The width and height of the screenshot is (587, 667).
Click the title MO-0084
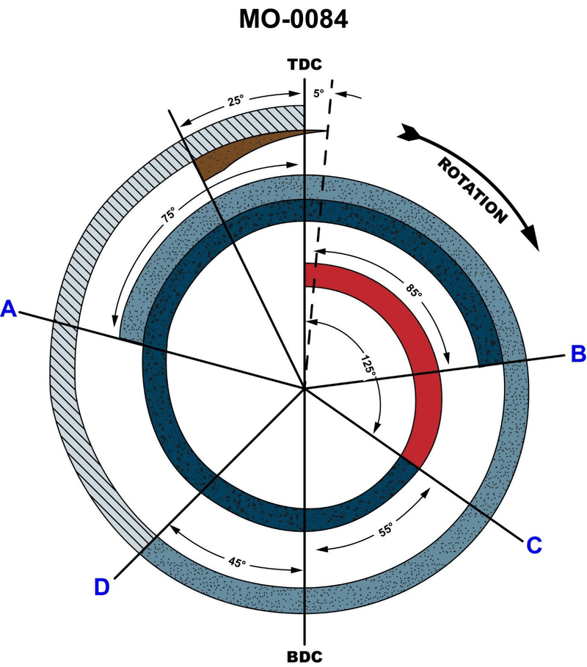click(293, 19)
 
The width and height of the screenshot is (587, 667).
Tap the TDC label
click(305, 65)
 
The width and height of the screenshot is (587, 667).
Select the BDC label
click(305, 657)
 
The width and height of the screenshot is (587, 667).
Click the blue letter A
click(9, 309)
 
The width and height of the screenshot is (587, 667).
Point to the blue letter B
click(578, 354)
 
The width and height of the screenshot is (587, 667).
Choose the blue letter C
click(534, 545)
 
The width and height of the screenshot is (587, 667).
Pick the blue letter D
click(102, 587)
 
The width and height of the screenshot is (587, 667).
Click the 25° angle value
click(236, 101)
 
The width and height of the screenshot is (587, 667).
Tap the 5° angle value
click(318, 93)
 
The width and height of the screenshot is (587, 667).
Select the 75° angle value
click(169, 214)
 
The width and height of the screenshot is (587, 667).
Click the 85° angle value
click(413, 291)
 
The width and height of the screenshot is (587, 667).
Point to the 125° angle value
click(368, 365)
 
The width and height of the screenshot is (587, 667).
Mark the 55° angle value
click(385, 530)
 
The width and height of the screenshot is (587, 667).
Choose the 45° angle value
click(237, 562)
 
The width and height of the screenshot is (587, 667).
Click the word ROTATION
click(473, 190)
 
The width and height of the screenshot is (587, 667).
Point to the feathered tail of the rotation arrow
click(409, 133)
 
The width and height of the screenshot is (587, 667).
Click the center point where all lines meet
click(305, 387)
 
